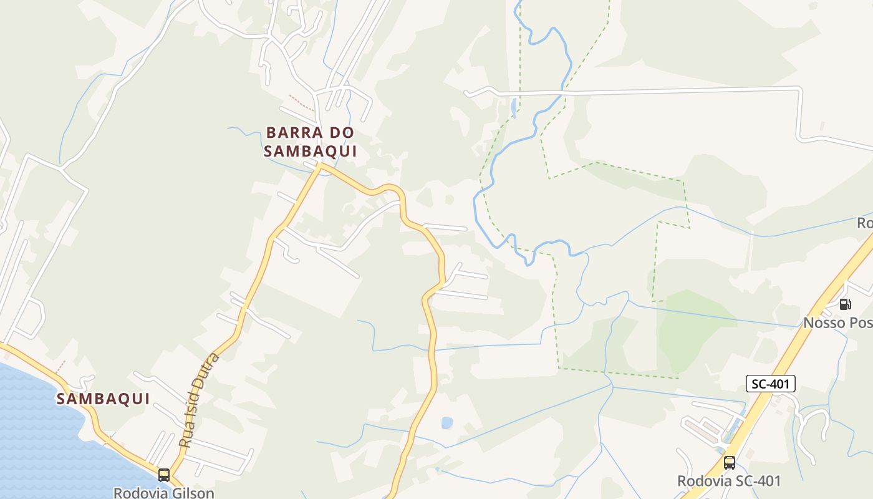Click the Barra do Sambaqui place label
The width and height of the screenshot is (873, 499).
(310, 142)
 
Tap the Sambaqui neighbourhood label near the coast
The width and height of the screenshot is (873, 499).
(104, 399)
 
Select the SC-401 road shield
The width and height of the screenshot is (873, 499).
(771, 384)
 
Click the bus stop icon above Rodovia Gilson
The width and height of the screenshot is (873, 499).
(164, 475)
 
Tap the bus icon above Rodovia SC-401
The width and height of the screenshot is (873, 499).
(729, 463)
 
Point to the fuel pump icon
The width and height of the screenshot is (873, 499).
(845, 304)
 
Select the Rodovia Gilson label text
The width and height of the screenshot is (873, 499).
(163, 493)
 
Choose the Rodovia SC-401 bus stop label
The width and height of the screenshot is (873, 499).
(729, 481)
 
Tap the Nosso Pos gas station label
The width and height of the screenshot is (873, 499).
(837, 322)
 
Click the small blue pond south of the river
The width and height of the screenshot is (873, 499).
(446, 423)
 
